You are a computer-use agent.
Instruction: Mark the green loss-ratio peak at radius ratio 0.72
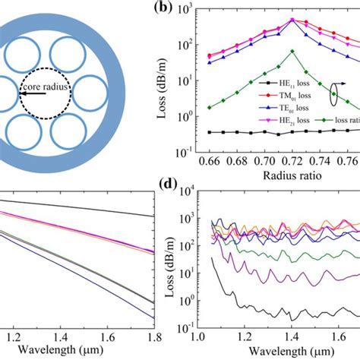(x=292, y=52)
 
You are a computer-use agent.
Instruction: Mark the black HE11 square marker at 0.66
(x=209, y=132)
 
